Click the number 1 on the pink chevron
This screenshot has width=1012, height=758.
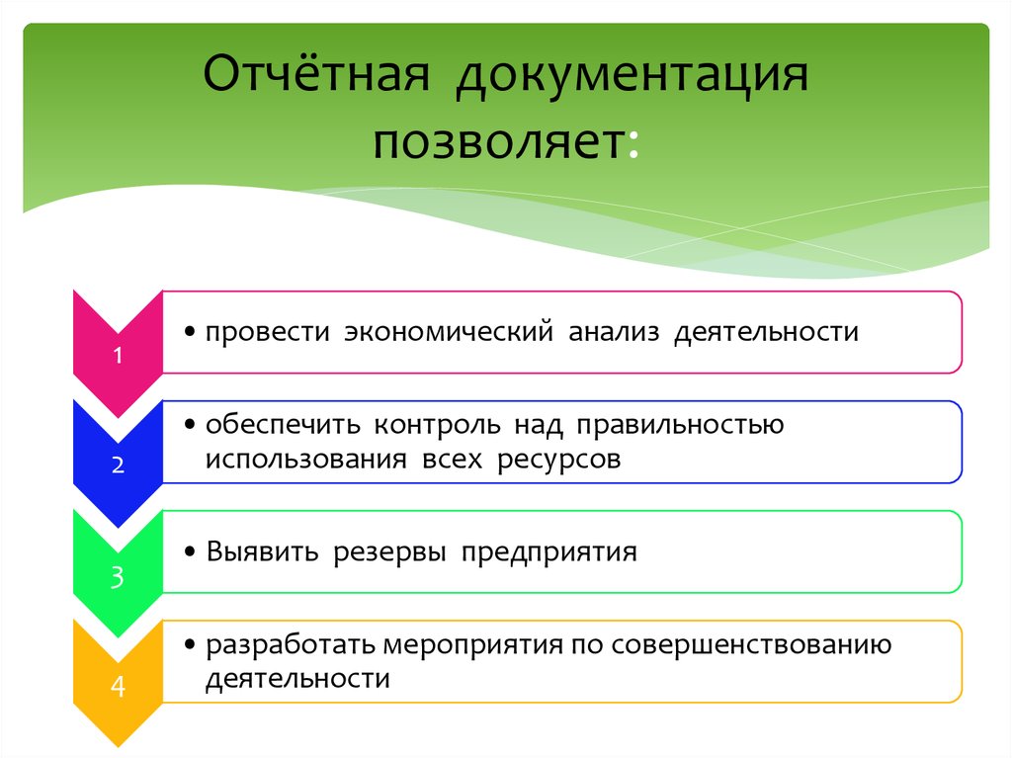(118, 357)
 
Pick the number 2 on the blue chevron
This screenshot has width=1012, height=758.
(118, 465)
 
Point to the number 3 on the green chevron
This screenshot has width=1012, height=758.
(118, 577)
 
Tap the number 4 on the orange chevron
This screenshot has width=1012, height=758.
(118, 686)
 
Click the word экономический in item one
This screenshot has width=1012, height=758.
(447, 332)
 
